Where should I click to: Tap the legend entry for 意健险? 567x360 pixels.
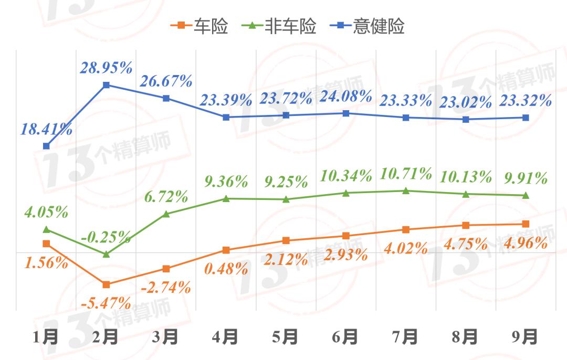click(x=368, y=26)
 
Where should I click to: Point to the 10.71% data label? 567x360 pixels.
click(x=406, y=174)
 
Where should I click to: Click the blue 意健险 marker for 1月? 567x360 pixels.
click(x=46, y=146)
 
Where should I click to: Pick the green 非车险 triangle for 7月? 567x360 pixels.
click(x=405, y=190)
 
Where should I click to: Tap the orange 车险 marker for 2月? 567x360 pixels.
click(x=106, y=284)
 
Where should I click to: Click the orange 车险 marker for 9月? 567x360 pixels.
click(x=525, y=224)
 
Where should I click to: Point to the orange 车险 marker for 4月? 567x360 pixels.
click(x=226, y=250)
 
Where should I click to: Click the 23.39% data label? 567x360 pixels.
click(x=226, y=100)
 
